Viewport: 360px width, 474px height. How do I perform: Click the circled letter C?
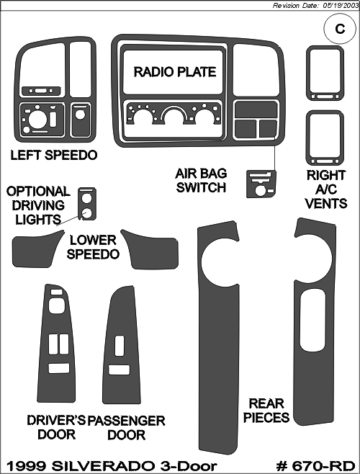(340, 29)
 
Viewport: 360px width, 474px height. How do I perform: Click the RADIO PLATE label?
(175, 72)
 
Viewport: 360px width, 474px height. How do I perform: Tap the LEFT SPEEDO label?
(54, 155)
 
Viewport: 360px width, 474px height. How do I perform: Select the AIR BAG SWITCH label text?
(201, 181)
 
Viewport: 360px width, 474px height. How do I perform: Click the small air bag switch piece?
(261, 184)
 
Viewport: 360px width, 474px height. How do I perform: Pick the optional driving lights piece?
(87, 204)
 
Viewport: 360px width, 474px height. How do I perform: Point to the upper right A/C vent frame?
(325, 73)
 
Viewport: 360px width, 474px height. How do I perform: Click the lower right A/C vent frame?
(325, 138)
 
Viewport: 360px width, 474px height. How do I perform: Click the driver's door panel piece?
(56, 344)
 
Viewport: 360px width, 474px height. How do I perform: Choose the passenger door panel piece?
(122, 344)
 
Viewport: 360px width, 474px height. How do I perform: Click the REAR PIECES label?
(266, 411)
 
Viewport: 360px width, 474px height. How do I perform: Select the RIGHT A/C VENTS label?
(326, 189)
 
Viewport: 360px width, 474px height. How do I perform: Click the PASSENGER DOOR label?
(126, 427)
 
